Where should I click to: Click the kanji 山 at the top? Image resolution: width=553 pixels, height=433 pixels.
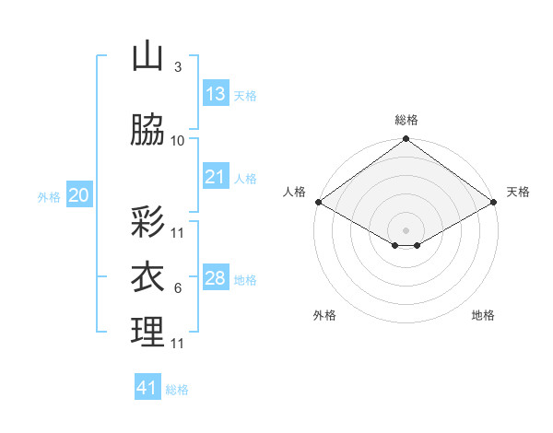147,56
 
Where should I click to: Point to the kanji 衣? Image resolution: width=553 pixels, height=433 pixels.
147,276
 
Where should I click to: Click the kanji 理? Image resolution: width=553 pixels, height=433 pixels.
147,332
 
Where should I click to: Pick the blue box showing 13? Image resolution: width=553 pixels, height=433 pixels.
215,93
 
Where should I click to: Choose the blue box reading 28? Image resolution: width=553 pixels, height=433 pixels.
215,277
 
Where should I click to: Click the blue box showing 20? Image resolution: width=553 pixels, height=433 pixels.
79,194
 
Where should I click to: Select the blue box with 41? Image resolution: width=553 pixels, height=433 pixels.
147,388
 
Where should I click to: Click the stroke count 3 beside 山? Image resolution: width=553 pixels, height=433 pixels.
177,66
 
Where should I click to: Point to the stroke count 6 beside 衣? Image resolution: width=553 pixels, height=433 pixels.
177,288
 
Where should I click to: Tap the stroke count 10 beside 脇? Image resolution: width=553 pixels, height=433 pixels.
177,141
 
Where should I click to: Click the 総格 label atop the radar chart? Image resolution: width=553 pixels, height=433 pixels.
406,120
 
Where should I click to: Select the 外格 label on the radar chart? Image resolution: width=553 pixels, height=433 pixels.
324,315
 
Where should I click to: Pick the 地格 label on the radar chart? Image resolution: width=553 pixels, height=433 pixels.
483,315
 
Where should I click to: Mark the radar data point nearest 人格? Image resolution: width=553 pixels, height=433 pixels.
318,202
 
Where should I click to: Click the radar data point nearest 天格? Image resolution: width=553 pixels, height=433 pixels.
495,202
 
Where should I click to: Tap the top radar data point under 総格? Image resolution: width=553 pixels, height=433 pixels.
406,140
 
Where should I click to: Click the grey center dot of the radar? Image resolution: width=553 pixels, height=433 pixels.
406,228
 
